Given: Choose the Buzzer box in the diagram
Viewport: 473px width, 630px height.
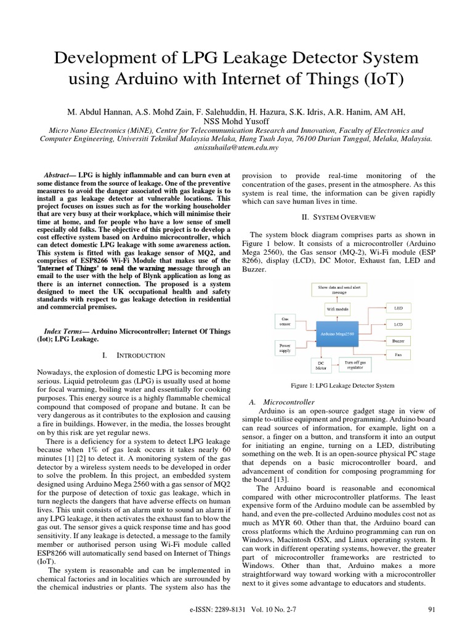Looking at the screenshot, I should [398, 340].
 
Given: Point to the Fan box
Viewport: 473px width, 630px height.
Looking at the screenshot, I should [398, 355].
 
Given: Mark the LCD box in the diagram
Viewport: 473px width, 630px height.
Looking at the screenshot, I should [398, 323].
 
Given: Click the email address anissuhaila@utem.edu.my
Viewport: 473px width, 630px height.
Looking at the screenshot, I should [236, 148].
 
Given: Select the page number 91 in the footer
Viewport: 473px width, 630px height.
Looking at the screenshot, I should [431, 610].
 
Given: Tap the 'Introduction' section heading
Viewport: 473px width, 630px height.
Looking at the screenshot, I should [140, 355].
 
